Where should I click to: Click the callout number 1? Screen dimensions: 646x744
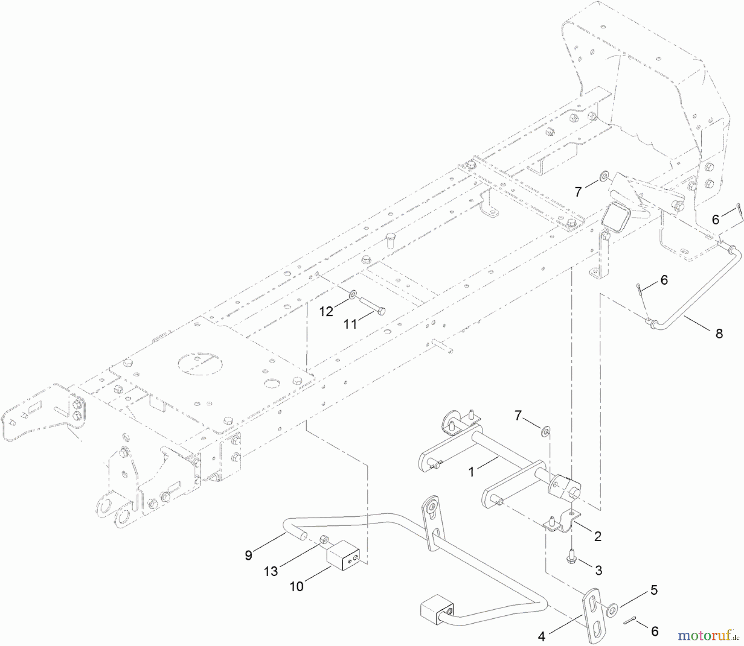pos(471,471)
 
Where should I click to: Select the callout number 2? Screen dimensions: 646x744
pos(597,536)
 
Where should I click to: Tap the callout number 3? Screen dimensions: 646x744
pos(599,570)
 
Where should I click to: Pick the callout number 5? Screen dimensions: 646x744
pos(654,590)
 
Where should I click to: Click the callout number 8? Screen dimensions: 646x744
pos(719,333)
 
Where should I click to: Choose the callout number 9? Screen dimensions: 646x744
pos(248,555)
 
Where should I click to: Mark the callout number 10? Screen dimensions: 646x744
pos(297,586)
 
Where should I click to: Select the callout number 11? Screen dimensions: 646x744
pos(351,324)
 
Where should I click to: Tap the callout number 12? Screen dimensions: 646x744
pos(326,311)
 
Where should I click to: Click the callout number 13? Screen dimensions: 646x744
pos(271,571)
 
